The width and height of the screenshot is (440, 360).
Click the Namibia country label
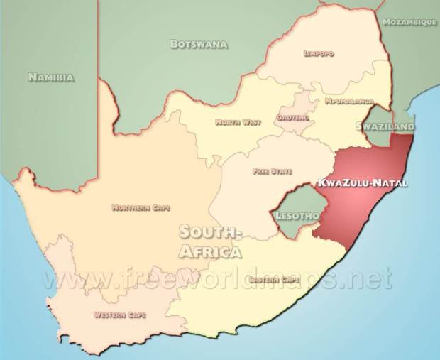point(50,77)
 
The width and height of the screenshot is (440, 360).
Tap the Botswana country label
point(199,45)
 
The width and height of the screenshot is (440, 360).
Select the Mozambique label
point(409,23)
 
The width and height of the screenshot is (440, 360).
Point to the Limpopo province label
point(319,53)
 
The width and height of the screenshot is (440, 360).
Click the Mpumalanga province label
point(349,102)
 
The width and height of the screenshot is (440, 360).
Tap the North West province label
point(238,122)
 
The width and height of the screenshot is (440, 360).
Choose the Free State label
point(267,171)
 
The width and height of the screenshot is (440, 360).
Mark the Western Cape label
point(118,314)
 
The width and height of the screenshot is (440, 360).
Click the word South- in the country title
point(211,231)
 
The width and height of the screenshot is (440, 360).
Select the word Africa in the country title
point(210,251)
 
